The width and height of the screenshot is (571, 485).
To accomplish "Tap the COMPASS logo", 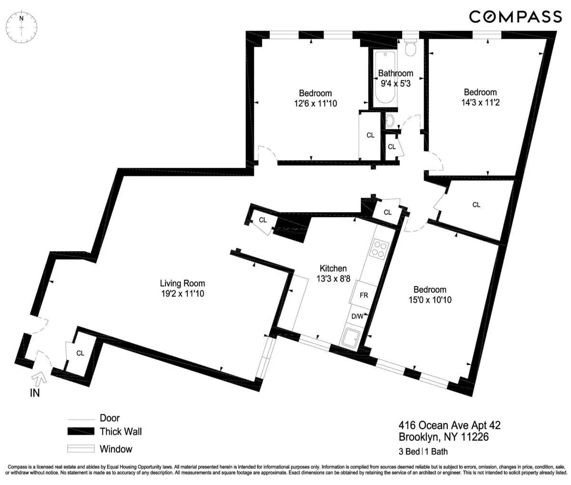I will (515, 17).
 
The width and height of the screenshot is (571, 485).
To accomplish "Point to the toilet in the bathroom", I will (410, 48).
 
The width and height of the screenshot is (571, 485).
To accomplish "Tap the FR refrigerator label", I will (364, 295).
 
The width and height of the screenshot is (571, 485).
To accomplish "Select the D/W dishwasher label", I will (357, 316).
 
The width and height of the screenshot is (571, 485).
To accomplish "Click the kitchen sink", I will (352, 337).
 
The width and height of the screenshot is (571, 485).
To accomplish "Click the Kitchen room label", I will (333, 269).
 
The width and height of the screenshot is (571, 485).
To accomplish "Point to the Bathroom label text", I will (395, 73).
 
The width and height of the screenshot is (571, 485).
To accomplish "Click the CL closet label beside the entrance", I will (80, 353).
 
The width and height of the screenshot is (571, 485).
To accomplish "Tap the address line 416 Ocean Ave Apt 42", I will (449, 425).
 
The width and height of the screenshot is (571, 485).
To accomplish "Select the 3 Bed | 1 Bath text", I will (423, 452).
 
